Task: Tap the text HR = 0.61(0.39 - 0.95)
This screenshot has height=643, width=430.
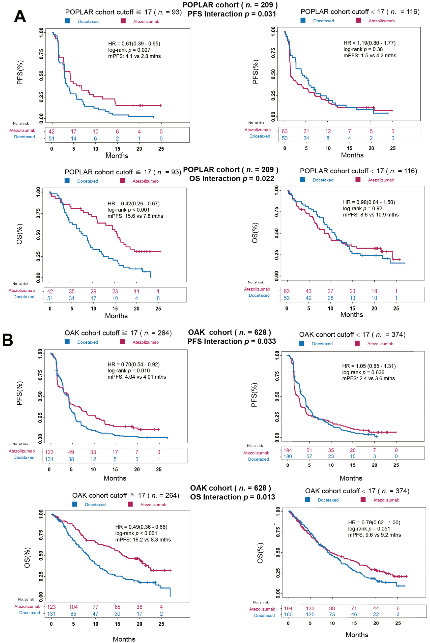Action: click(x=134, y=44)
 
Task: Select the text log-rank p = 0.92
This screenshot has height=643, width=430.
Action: click(x=363, y=208)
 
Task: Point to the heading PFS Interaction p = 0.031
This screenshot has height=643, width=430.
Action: click(x=232, y=14)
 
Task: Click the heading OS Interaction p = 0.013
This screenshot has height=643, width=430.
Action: click(x=233, y=497)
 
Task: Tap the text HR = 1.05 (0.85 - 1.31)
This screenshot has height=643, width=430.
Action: click(x=369, y=366)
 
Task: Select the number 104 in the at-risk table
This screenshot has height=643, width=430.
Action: click(x=73, y=607)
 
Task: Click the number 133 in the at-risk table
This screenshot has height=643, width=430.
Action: click(x=310, y=608)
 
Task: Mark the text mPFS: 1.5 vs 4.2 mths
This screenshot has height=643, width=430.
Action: click(x=370, y=56)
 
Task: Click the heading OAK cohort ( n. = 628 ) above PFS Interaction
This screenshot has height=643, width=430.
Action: click(x=230, y=332)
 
